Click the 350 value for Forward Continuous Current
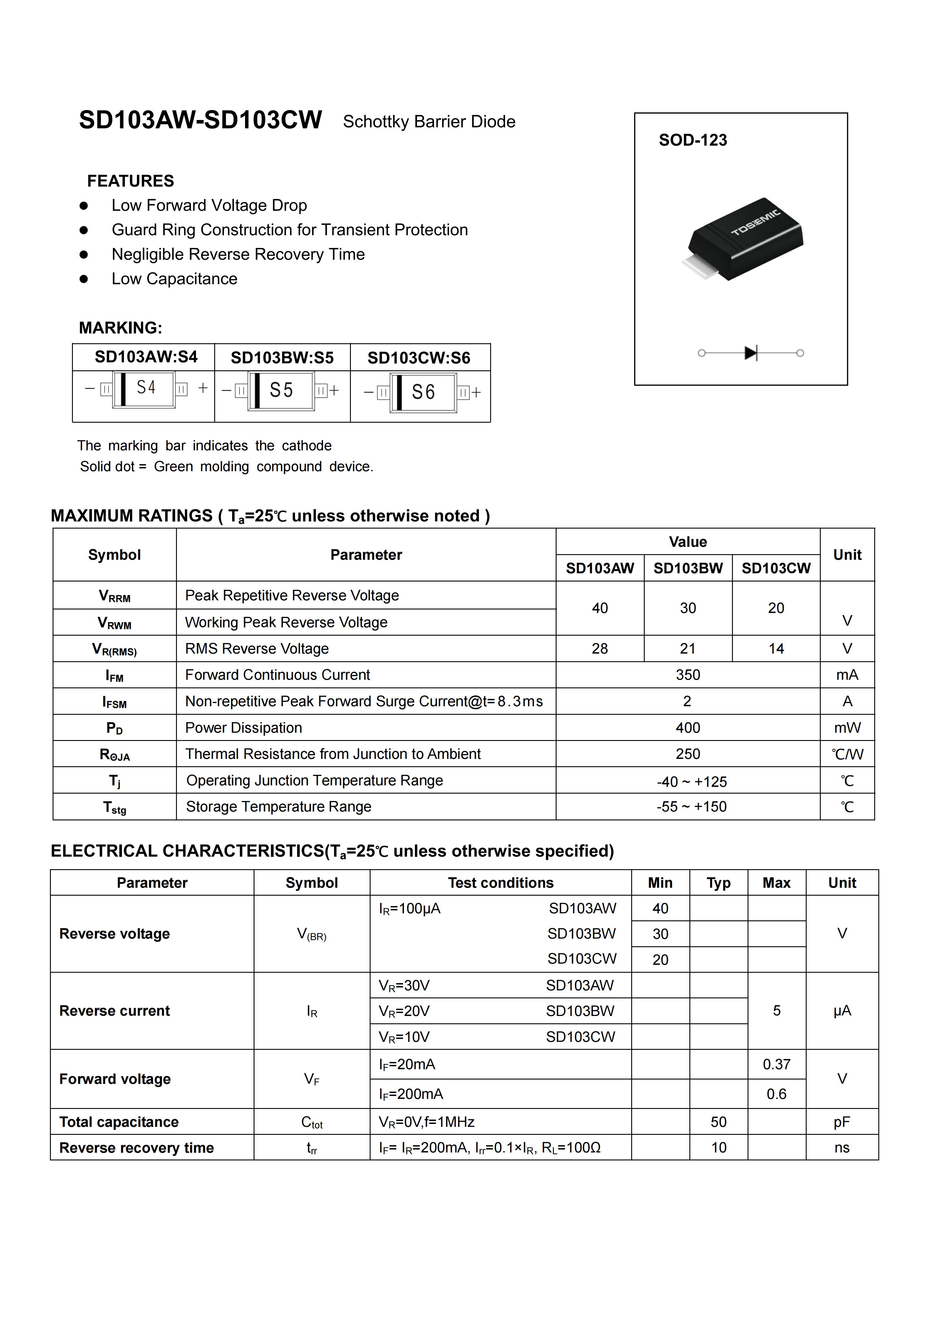[688, 675]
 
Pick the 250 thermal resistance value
[688, 754]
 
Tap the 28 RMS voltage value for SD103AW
[599, 648]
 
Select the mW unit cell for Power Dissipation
[847, 728]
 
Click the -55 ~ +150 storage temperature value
[691, 807]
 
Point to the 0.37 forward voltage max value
[776, 1065]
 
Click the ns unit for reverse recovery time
[842, 1148]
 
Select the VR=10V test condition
[404, 1037]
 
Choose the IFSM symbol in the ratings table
[114, 702]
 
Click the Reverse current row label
[114, 1011]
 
